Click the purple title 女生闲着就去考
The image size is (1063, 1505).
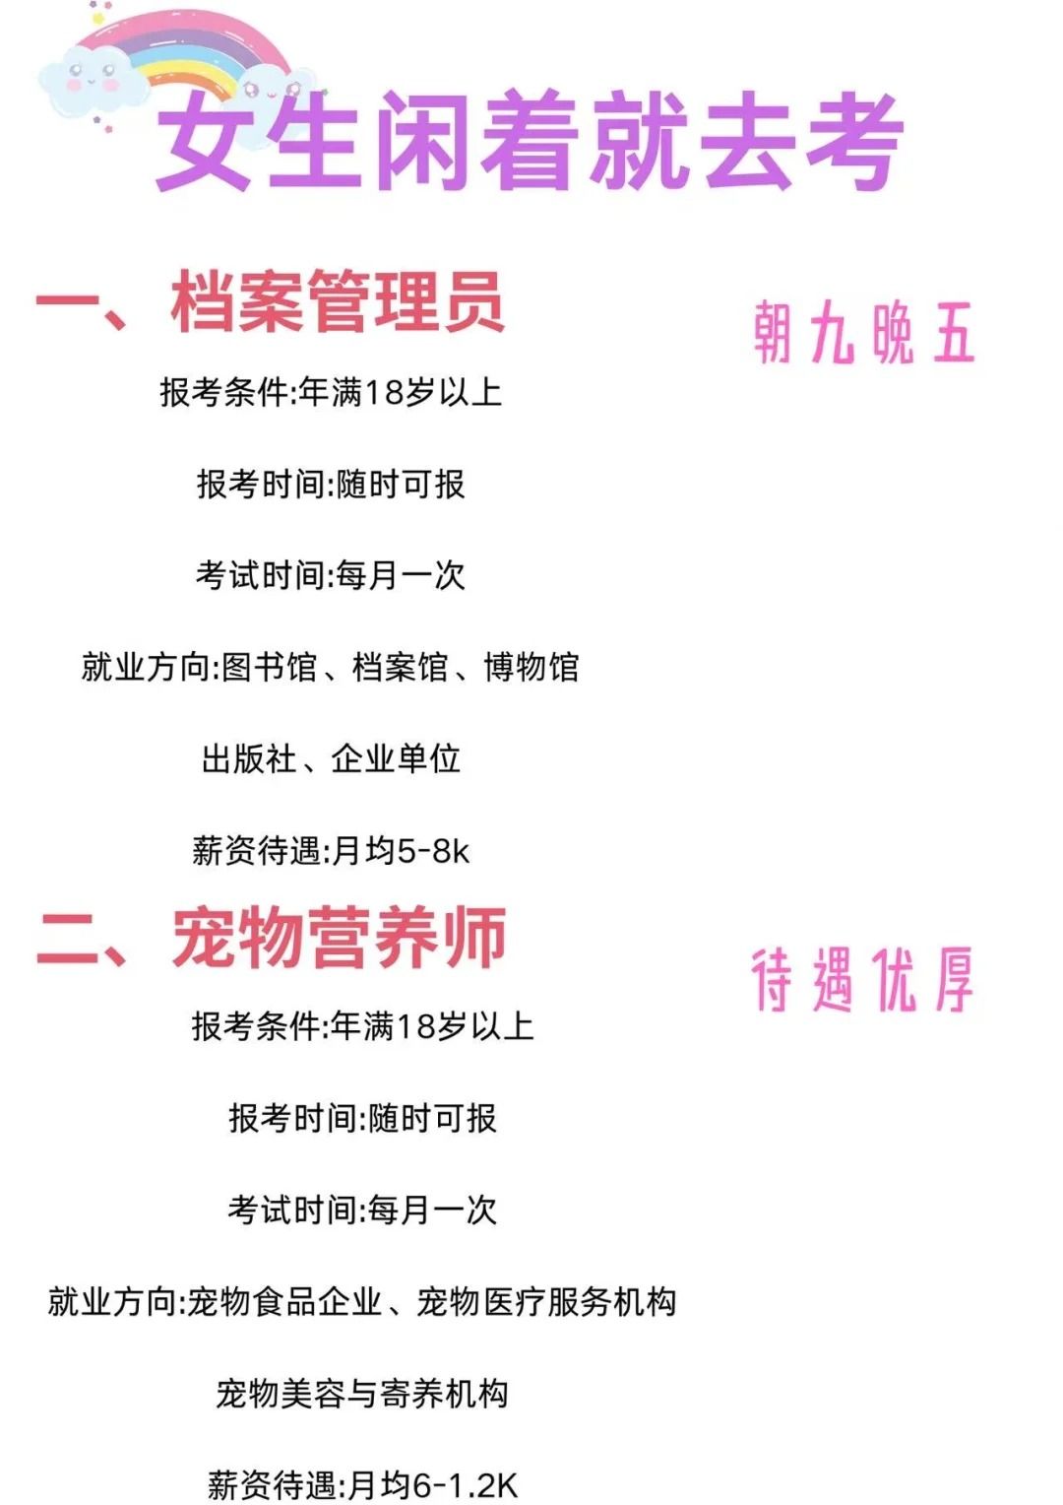pyautogui.click(x=530, y=141)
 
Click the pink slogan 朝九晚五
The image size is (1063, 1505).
pyautogui.click(x=863, y=333)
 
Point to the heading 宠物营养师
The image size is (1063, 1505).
pyautogui.click(x=340, y=937)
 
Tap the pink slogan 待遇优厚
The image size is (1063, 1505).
pyautogui.click(x=862, y=980)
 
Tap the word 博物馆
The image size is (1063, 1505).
pyautogui.click(x=531, y=667)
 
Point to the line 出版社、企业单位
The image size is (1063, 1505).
pyautogui.click(x=331, y=758)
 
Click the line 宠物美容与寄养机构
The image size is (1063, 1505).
pyautogui.click(x=361, y=1393)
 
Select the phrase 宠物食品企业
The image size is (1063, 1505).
pyautogui.click(x=284, y=1301)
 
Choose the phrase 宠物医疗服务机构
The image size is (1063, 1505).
pyautogui.click(x=546, y=1301)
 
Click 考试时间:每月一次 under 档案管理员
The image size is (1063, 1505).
pyautogui.click(x=330, y=575)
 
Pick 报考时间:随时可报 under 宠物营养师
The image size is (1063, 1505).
pyautogui.click(x=362, y=1118)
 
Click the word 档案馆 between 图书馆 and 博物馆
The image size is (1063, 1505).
pyautogui.click(x=401, y=667)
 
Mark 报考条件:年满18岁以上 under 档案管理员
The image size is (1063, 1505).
pyautogui.click(x=331, y=392)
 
